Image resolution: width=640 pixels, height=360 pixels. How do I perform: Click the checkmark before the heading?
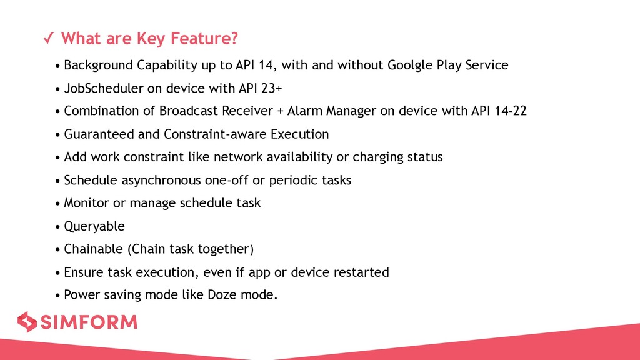pos(49,38)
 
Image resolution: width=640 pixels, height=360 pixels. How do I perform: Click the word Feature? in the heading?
pos(204,38)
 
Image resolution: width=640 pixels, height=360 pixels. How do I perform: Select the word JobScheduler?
pos(104,88)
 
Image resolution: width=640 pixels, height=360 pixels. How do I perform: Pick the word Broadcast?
pos(189,111)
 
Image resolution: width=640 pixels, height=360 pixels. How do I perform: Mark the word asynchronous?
pos(161,180)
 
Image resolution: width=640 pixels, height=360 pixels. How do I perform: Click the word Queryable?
pos(94,226)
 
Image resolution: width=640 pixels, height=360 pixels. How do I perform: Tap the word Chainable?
pos(94,249)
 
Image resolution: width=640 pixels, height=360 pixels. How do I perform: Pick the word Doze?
pos(222,295)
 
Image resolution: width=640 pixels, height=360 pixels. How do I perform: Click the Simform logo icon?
pos(27,322)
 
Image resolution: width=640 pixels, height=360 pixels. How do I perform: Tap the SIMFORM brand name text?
pos(89,322)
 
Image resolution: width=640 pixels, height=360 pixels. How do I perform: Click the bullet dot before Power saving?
pos(58,296)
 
